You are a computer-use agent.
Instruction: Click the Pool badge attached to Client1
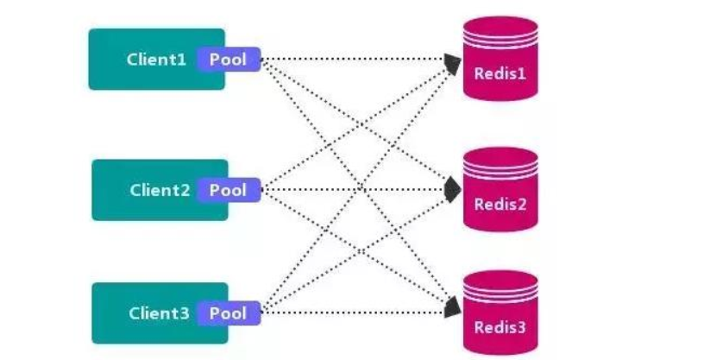(229, 60)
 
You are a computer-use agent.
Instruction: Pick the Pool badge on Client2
(229, 190)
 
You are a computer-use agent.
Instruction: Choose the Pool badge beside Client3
(229, 313)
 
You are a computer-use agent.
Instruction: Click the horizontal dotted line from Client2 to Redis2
(354, 189)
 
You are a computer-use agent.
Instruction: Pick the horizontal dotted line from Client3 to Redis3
(354, 313)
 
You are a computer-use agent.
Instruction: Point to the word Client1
(156, 60)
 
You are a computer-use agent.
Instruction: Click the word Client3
(159, 313)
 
